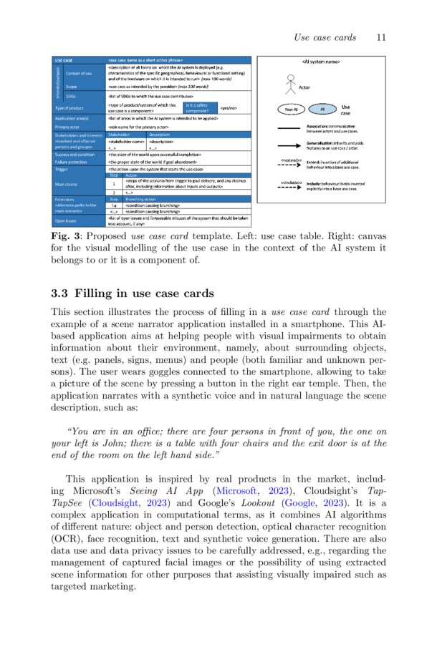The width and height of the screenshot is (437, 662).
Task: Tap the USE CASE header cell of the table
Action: [x=65, y=60]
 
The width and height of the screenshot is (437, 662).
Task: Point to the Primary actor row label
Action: [x=69, y=127]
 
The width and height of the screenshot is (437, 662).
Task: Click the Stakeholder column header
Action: [x=119, y=134]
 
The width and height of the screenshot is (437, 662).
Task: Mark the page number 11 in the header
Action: [x=380, y=36]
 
